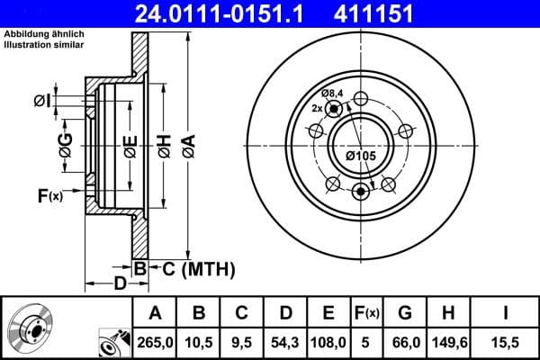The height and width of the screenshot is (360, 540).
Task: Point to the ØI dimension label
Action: pos(41,100)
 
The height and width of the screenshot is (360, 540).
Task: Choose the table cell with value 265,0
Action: pos(155,343)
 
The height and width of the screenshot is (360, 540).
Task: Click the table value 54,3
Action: pos(285,343)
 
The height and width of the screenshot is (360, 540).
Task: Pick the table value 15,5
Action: pos(507,343)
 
